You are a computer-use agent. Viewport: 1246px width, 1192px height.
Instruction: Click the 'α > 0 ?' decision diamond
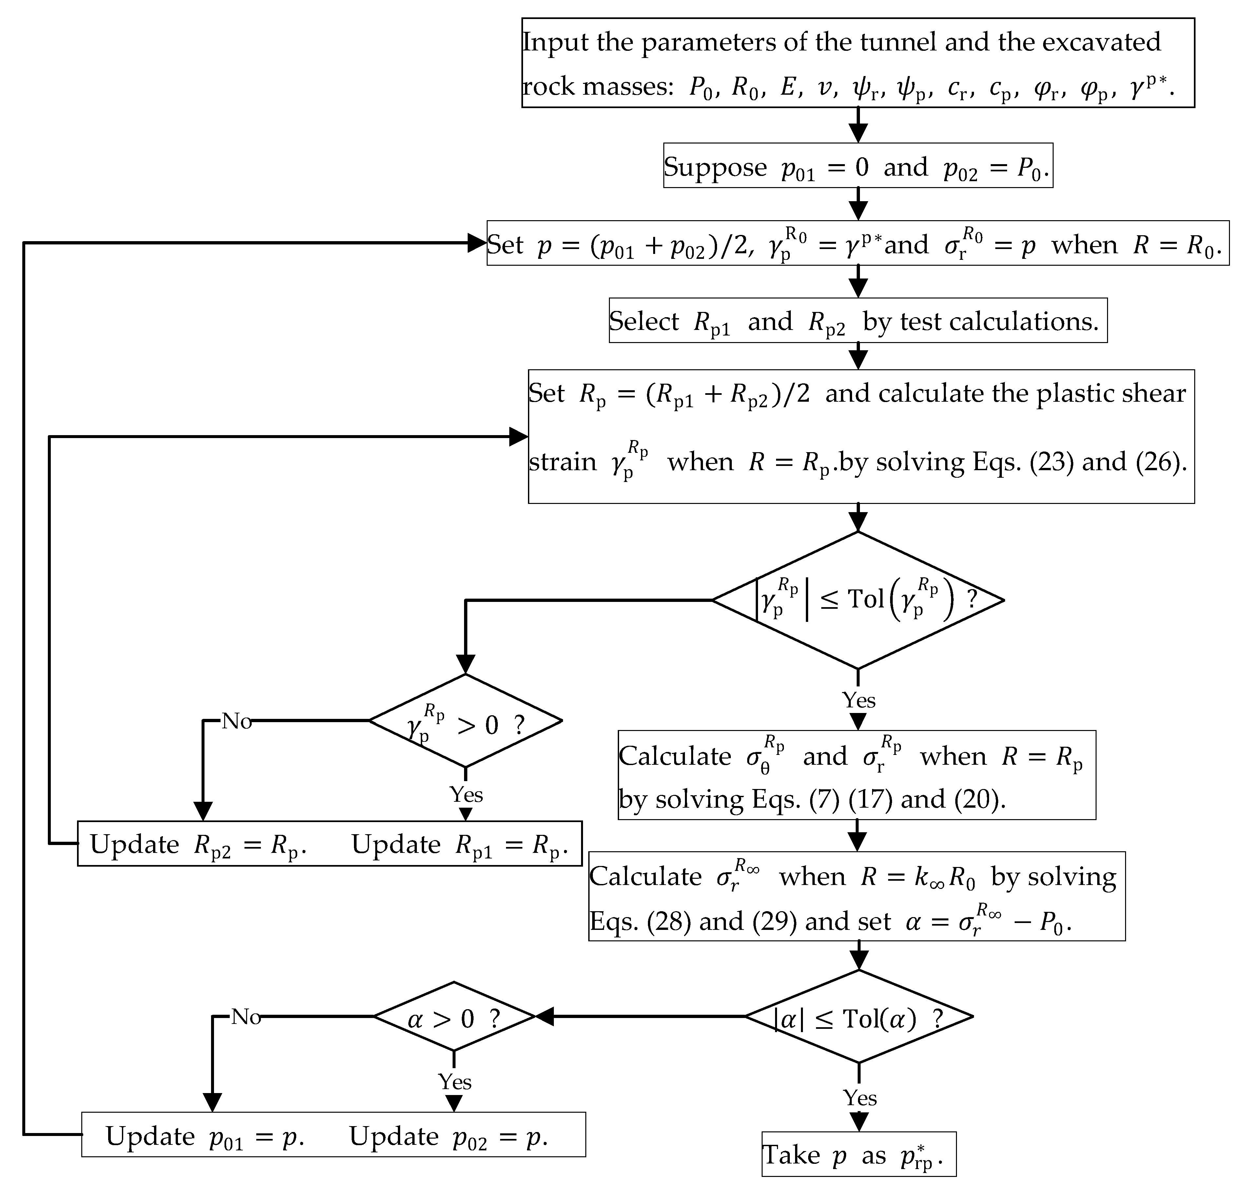[x=454, y=1017]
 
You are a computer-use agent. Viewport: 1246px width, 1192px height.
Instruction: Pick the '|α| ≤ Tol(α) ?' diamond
[x=858, y=1017]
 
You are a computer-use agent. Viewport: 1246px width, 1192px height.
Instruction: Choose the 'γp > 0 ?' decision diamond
[x=465, y=721]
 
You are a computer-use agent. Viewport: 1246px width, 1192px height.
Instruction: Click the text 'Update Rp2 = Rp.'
[x=198, y=844]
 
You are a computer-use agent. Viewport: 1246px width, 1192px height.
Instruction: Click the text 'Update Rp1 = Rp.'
[x=459, y=844]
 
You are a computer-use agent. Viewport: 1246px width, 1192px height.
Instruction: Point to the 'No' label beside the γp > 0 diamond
[x=236, y=721]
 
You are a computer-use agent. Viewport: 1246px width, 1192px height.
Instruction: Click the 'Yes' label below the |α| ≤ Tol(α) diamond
[x=860, y=1097]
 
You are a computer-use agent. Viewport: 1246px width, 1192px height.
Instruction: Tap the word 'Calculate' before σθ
[x=675, y=756]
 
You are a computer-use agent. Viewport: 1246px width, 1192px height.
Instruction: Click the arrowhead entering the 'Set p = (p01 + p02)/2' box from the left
[x=477, y=243]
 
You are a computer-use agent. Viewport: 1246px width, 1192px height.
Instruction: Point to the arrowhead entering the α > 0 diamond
[x=545, y=1017]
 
